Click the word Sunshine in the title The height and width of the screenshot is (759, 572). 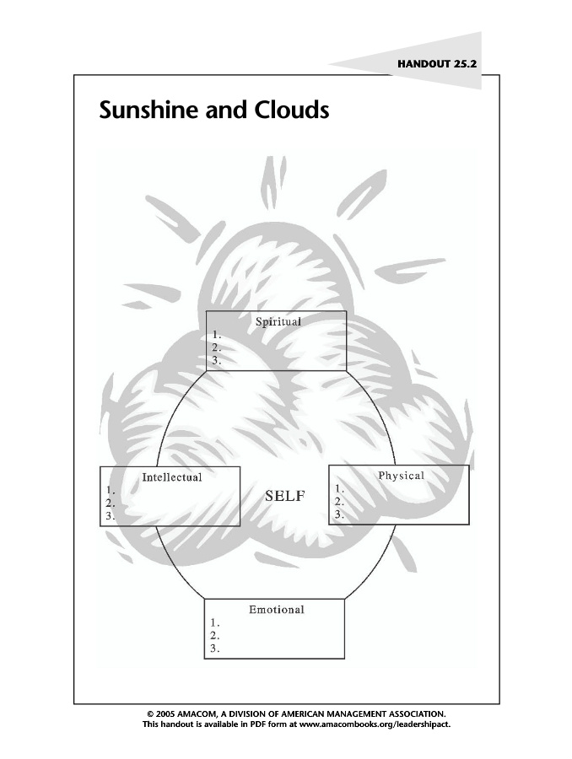click(148, 110)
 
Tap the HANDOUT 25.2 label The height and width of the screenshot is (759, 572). click(437, 63)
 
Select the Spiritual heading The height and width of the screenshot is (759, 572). click(278, 321)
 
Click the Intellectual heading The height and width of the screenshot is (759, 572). click(172, 477)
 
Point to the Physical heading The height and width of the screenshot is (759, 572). click(401, 476)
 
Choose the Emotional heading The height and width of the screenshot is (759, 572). click(276, 609)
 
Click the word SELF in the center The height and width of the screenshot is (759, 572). click(285, 496)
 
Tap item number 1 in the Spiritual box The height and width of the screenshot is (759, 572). click(217, 334)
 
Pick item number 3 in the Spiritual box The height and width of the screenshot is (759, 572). click(217, 360)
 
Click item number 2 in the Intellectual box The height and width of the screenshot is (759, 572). click(111, 503)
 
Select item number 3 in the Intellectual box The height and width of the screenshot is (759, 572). click(111, 517)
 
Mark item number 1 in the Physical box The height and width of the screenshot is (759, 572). click(339, 488)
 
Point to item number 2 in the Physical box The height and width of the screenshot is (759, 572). click(339, 501)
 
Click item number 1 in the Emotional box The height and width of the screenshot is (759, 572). click(215, 623)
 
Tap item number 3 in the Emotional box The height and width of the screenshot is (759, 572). click(215, 649)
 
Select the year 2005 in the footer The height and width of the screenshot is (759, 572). click(164, 713)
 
